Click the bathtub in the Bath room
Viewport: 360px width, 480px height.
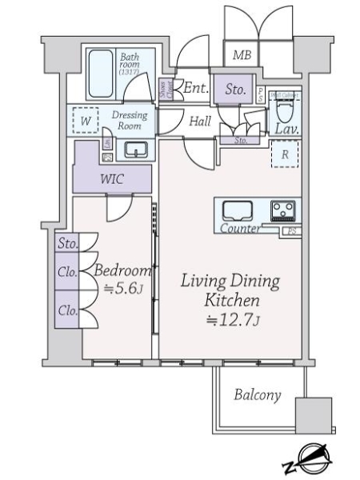click(x=102, y=74)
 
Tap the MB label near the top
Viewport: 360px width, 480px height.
click(x=241, y=55)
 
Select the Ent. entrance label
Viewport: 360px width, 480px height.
click(x=196, y=88)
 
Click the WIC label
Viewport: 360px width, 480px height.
click(x=111, y=178)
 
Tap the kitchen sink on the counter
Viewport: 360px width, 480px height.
click(x=238, y=211)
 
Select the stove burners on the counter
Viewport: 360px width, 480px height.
click(x=282, y=210)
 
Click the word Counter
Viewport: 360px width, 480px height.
click(x=239, y=230)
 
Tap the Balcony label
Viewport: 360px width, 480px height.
click(x=258, y=395)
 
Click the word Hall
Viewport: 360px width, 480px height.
click(x=200, y=122)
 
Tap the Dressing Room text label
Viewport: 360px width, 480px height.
click(x=129, y=120)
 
